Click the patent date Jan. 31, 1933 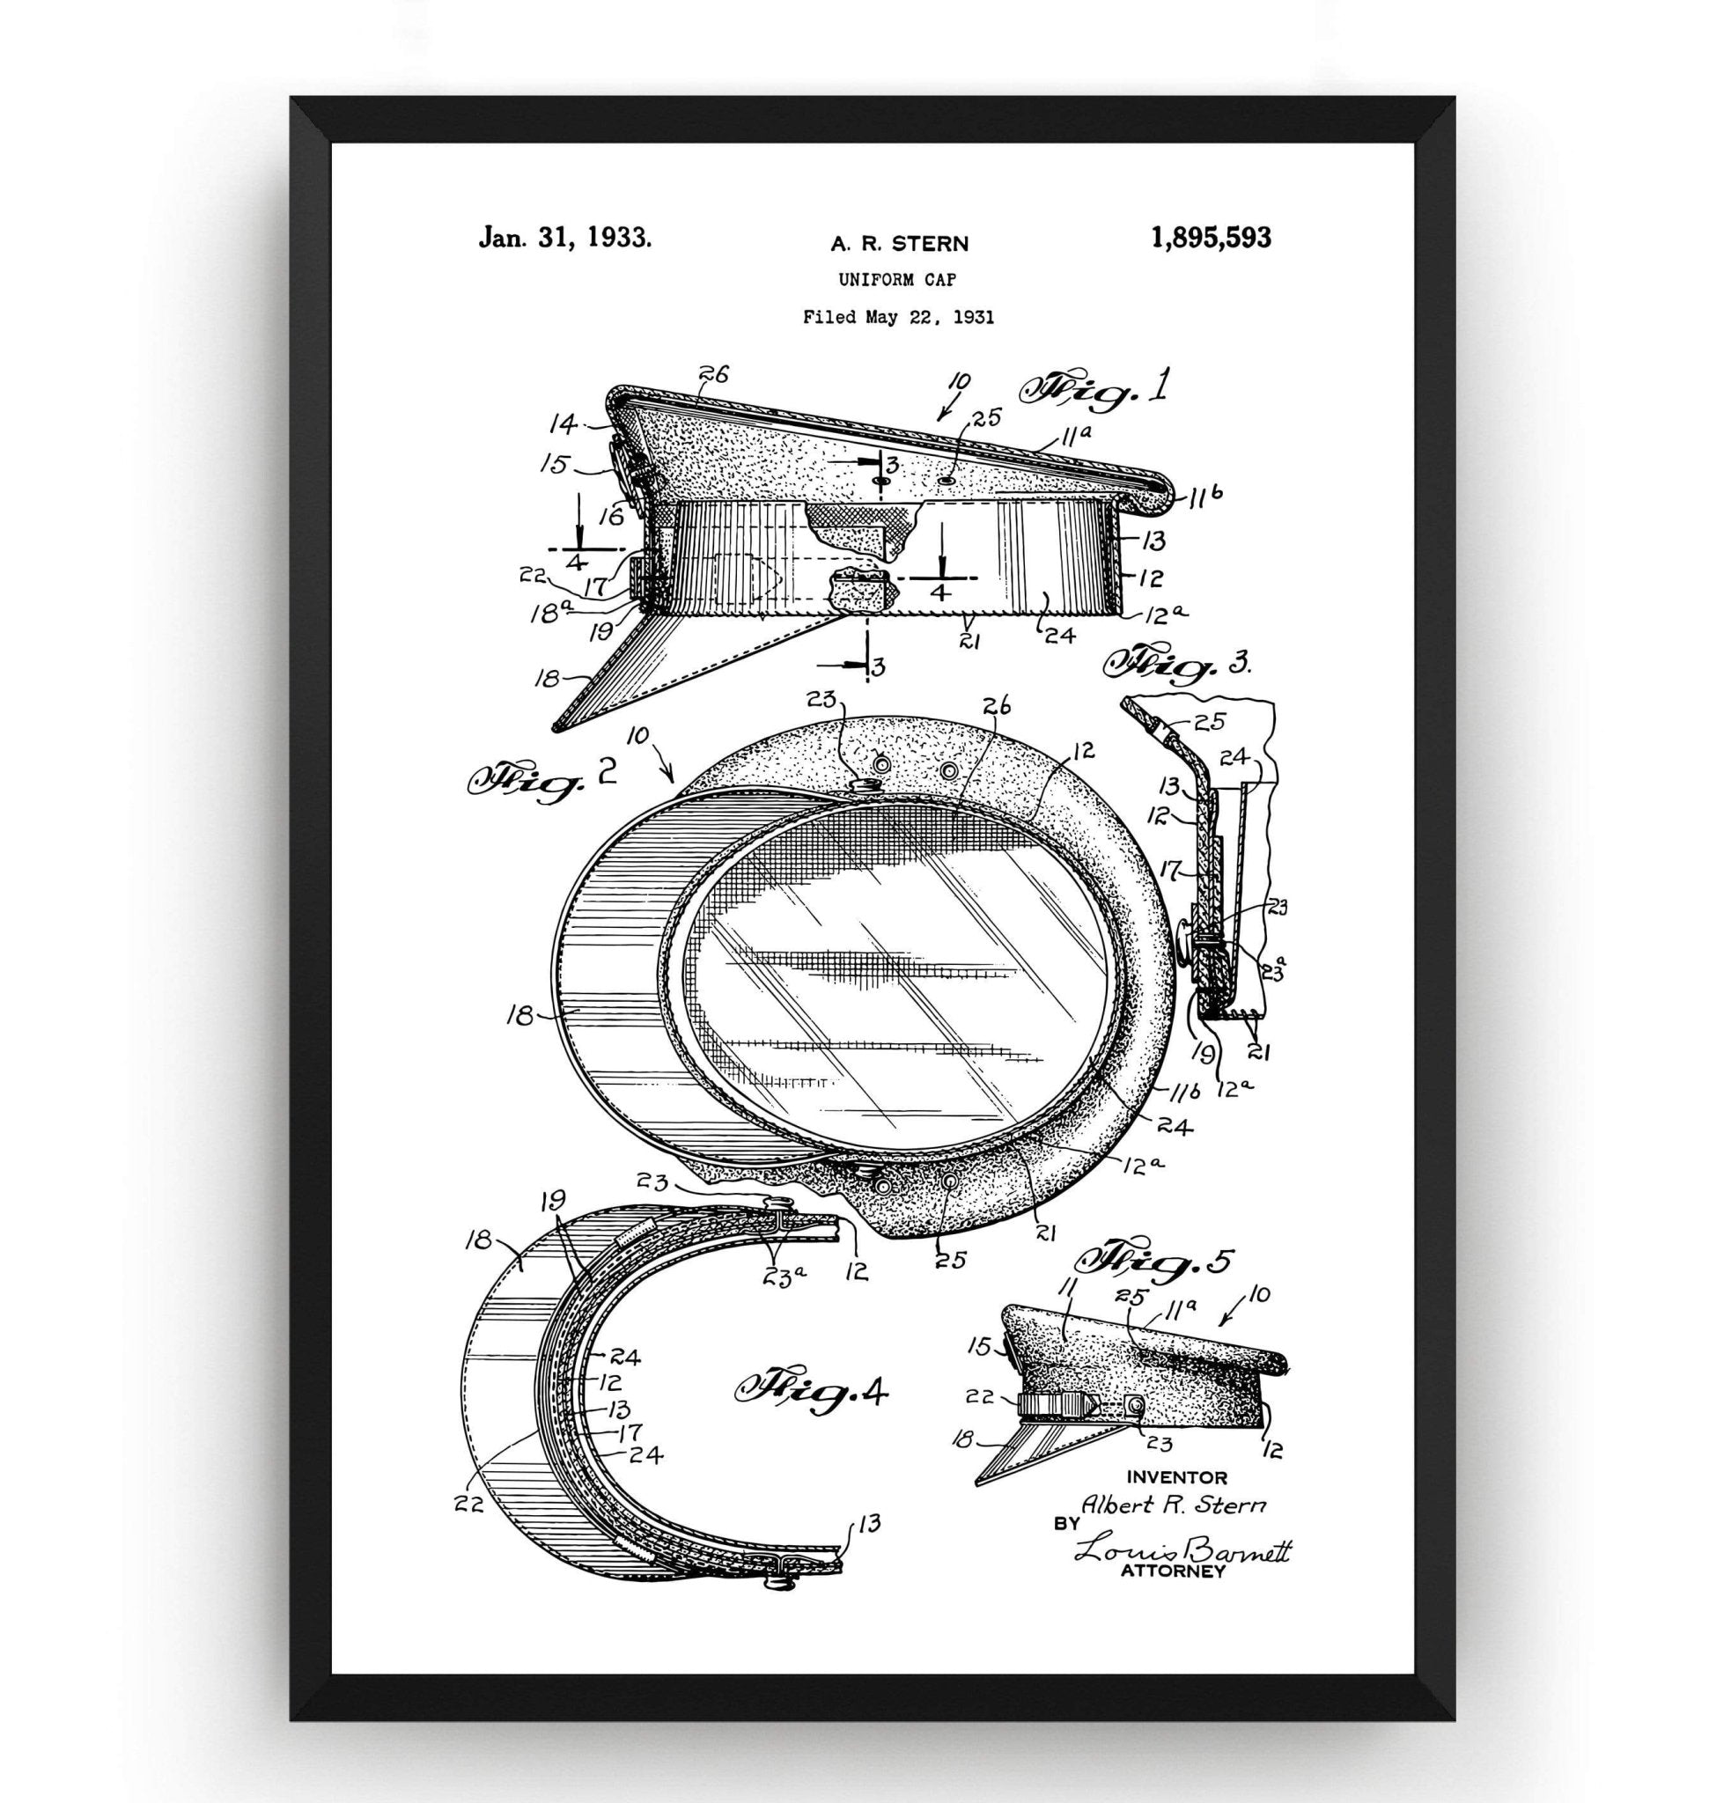pos(564,239)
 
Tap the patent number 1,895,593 pos(1211,239)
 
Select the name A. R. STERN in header pos(899,243)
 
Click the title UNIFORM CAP pos(897,281)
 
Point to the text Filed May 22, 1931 pos(898,317)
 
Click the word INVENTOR pos(1177,1477)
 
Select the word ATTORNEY pos(1172,1571)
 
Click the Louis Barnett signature pos(1182,1547)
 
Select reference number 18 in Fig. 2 pos(521,1015)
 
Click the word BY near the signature pos(1065,1523)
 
